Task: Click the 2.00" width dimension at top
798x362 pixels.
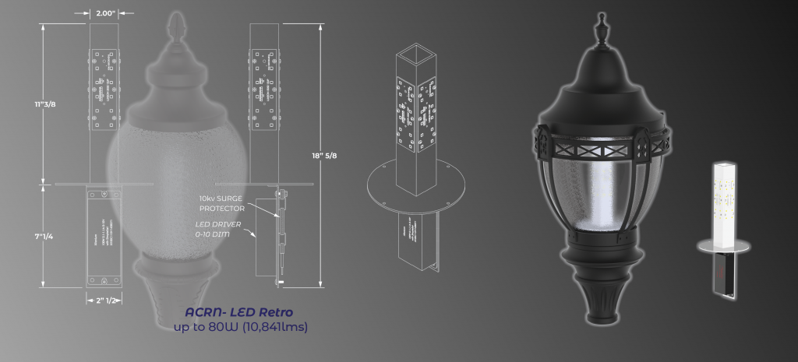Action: (x=104, y=13)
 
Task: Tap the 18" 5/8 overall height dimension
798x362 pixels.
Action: (x=319, y=156)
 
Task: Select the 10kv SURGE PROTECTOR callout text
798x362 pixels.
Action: (x=222, y=204)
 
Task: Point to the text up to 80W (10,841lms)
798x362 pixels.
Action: (x=241, y=327)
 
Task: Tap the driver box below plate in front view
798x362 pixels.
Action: (x=104, y=237)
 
